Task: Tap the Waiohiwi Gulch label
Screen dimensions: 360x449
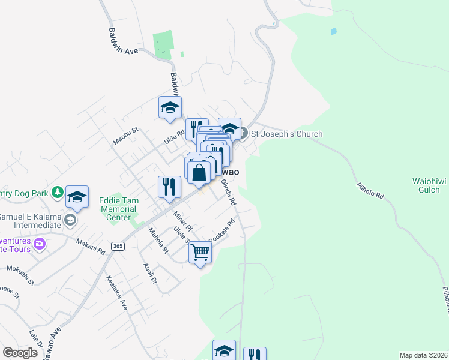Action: [x=426, y=185]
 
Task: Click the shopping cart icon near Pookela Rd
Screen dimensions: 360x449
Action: [x=200, y=253]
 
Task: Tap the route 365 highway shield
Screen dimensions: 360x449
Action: [x=118, y=246]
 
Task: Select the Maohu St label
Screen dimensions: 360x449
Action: [x=125, y=136]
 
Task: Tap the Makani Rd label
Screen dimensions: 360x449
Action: [x=91, y=246]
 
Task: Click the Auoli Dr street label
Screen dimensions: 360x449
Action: [x=150, y=273]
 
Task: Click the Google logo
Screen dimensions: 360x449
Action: [x=20, y=353]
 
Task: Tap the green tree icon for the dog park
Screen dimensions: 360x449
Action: [x=57, y=192]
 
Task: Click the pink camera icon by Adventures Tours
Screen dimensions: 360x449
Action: [x=40, y=244]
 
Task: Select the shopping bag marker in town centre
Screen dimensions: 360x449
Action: [x=199, y=172]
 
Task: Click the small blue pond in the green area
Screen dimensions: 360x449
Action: [x=333, y=31]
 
